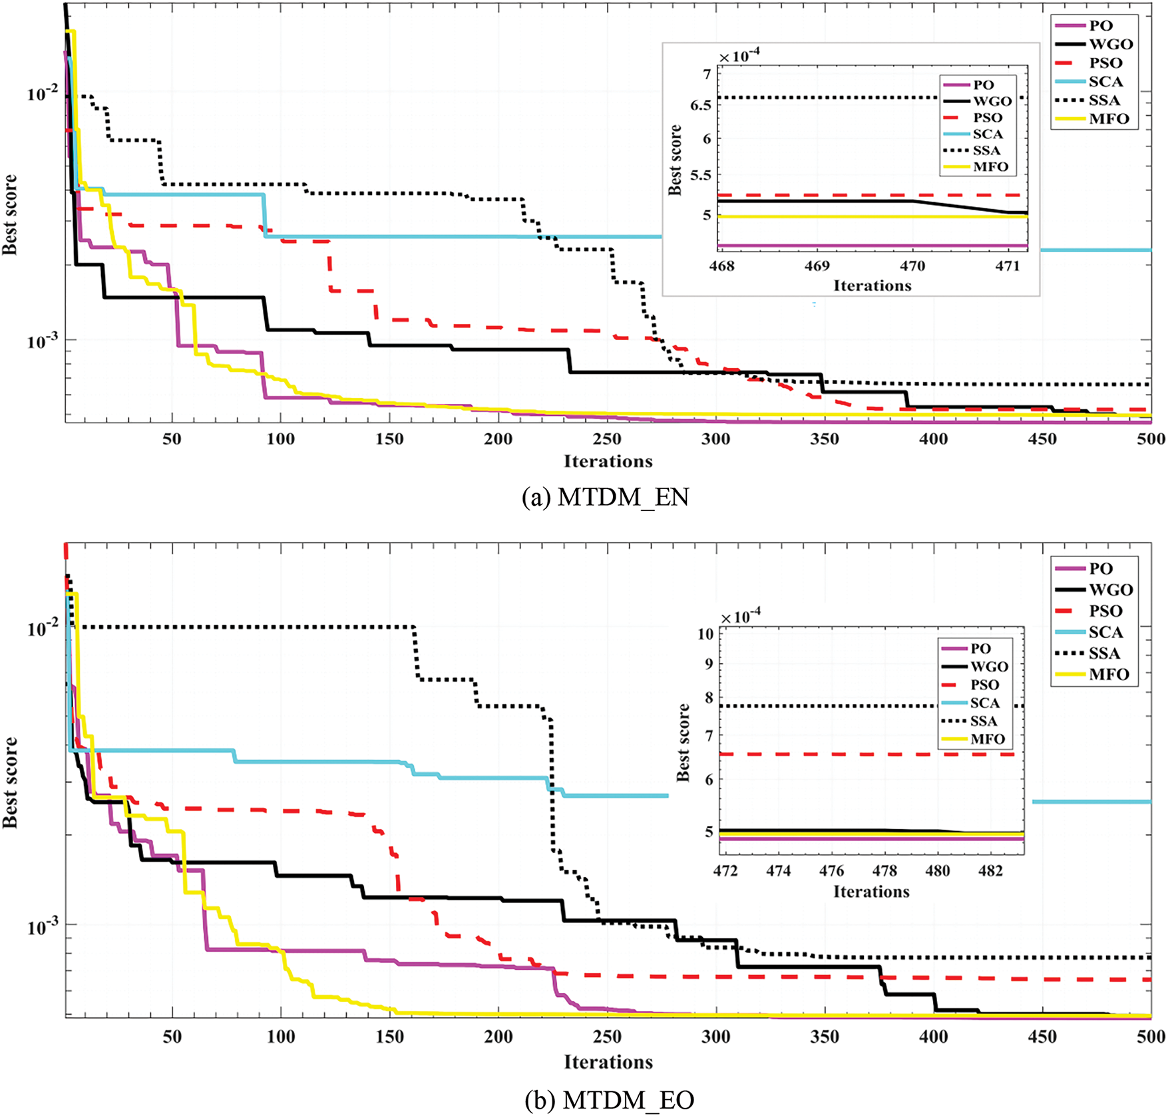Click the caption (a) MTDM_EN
605,497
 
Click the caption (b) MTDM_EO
609,1100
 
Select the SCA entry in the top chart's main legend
1105,82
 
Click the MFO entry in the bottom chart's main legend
1109,674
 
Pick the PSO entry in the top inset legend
987,118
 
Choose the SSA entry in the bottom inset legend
983,721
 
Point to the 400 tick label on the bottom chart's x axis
933,1037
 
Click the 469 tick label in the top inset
817,266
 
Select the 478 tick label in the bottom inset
884,871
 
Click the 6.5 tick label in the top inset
700,105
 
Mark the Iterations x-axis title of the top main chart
608,461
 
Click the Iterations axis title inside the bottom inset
871,892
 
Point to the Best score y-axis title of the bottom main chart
10,782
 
